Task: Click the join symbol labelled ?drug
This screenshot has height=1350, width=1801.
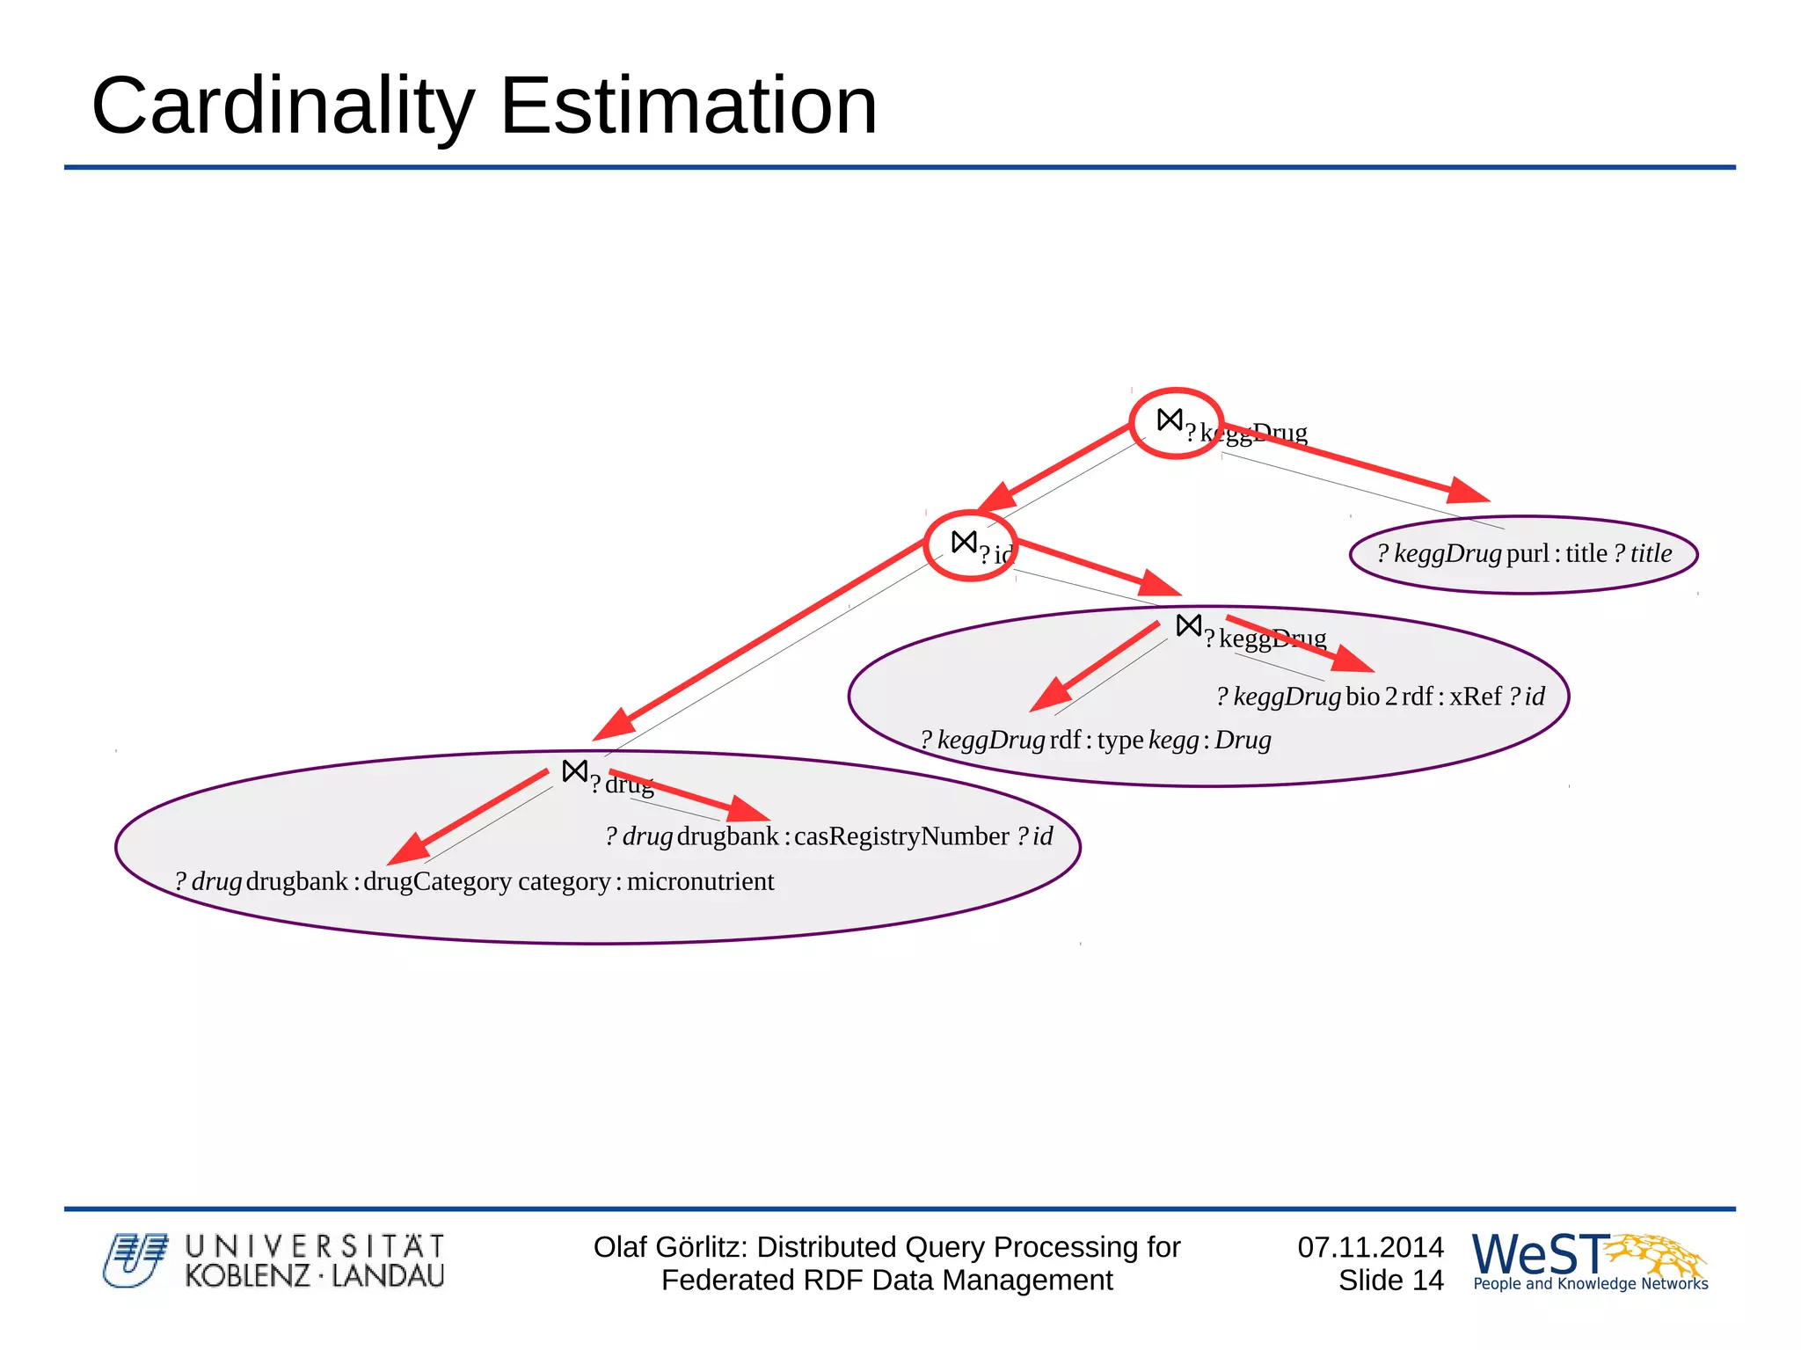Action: (x=574, y=771)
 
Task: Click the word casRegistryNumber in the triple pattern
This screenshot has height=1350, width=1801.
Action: (x=901, y=836)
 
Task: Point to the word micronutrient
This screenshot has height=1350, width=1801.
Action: (x=700, y=881)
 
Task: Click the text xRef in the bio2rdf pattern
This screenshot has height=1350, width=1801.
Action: (x=1475, y=697)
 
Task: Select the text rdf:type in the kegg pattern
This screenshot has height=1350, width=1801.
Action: (x=1096, y=740)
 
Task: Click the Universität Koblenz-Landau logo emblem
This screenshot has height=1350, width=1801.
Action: (x=134, y=1259)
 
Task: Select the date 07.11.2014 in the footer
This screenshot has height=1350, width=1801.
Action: (x=1370, y=1246)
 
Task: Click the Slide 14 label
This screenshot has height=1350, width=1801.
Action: (x=1390, y=1281)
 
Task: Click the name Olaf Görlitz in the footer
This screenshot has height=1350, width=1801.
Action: (x=670, y=1247)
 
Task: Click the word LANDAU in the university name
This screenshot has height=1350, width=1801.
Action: (x=388, y=1275)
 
